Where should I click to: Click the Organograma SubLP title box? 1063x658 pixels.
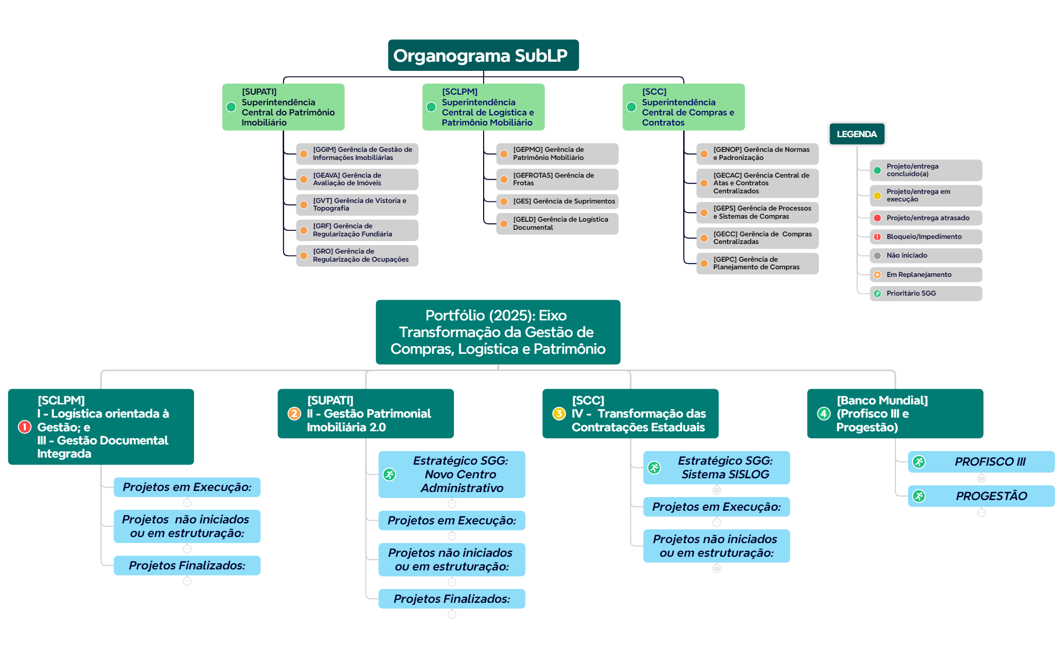point(483,55)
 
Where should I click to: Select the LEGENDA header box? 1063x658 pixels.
point(856,134)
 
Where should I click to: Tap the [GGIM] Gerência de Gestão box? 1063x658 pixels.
point(357,154)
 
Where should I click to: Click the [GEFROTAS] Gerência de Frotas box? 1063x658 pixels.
point(557,179)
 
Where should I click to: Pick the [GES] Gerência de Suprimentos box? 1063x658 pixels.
point(557,201)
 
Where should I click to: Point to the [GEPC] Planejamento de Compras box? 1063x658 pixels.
point(757,263)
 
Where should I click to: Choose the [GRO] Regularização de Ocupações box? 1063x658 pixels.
point(357,256)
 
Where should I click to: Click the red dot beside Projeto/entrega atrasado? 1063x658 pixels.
point(877,218)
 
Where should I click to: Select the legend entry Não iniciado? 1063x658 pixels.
point(926,256)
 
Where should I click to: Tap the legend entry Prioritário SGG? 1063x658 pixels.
point(926,294)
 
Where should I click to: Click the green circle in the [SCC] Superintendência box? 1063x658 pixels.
point(632,107)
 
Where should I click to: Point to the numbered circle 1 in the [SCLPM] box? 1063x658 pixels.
point(24,427)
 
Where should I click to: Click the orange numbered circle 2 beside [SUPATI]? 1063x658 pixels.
point(294,414)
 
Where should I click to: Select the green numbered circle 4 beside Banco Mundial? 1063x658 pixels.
point(824,414)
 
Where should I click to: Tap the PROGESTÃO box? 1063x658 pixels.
point(981,496)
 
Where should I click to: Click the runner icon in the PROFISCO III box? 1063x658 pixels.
point(919,462)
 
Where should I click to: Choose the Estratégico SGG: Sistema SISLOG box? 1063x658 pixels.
point(716,468)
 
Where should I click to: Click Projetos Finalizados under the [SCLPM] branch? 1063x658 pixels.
point(187,565)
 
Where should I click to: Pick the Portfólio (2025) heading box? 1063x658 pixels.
point(498,332)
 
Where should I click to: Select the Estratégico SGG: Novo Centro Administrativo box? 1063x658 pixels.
point(452,474)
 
